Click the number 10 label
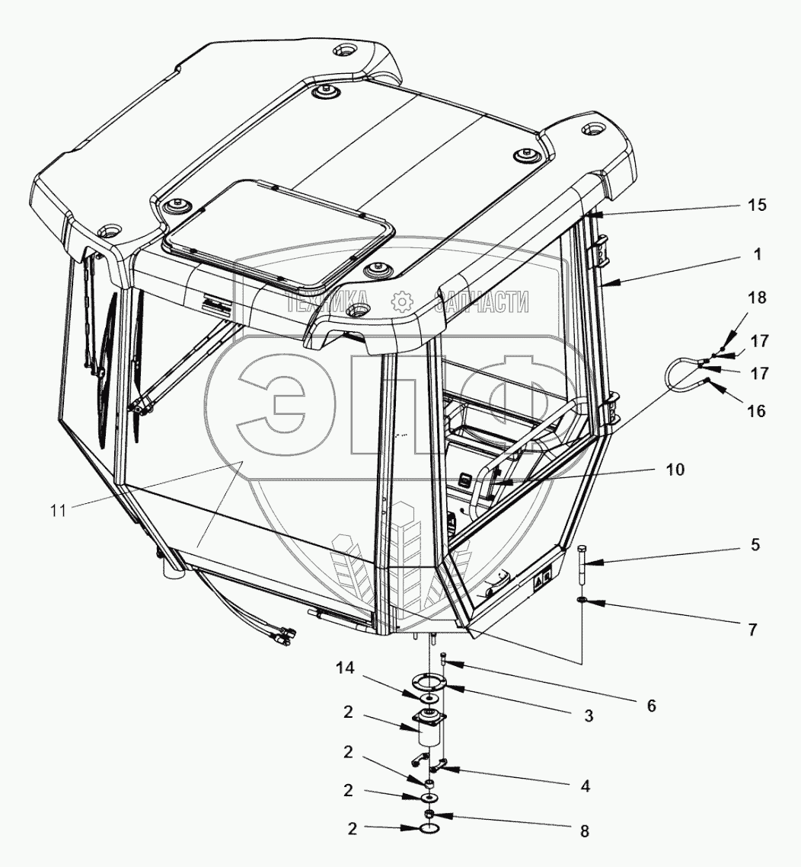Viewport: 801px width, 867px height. click(x=674, y=470)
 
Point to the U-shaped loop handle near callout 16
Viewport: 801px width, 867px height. click(x=677, y=376)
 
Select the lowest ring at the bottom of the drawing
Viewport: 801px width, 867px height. click(x=429, y=829)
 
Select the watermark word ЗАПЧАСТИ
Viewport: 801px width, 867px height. click(x=482, y=302)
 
